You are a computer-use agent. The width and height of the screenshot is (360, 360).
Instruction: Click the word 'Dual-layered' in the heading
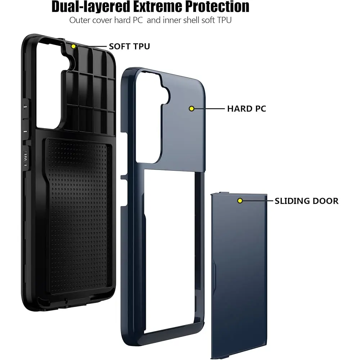click(91, 6)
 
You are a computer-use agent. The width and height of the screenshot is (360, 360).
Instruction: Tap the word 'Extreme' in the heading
click(158, 6)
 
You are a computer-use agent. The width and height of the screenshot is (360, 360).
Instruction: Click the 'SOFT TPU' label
click(129, 46)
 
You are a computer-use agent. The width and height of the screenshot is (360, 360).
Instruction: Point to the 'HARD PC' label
click(247, 109)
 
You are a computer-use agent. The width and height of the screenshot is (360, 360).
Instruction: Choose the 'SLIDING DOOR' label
click(306, 201)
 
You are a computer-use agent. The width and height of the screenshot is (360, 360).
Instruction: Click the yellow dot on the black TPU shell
click(73, 46)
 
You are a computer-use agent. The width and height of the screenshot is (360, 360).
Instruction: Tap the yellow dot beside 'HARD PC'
click(192, 109)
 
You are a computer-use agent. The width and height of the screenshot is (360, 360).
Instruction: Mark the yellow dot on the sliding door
click(240, 201)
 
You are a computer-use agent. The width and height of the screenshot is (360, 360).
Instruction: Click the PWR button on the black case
click(26, 158)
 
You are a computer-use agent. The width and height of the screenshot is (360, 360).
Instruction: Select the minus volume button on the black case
click(25, 131)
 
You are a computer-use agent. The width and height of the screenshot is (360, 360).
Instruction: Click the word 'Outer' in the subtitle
click(79, 20)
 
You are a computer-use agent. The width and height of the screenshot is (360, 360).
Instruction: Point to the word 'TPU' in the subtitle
click(224, 20)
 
